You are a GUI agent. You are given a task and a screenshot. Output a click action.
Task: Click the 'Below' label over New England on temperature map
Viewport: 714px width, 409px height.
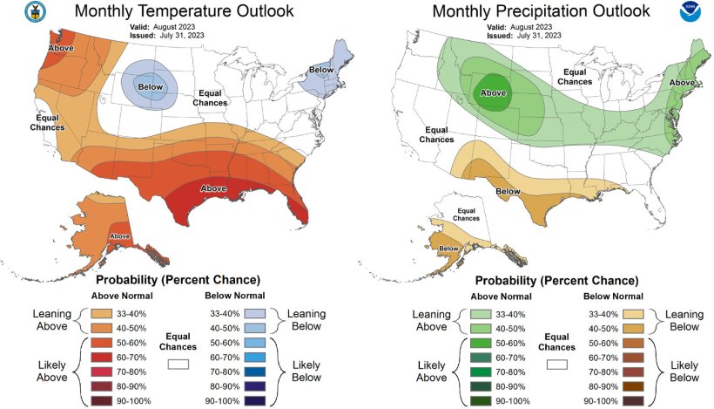click(x=321, y=69)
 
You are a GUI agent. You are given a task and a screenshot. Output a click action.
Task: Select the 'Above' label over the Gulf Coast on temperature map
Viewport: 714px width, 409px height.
click(x=214, y=188)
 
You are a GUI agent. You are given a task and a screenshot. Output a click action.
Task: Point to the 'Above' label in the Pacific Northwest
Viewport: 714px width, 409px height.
click(x=60, y=49)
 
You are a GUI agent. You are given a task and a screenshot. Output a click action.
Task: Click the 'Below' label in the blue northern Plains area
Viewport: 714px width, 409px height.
click(x=151, y=87)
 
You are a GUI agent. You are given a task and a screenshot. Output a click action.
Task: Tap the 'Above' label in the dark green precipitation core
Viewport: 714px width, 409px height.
click(x=493, y=92)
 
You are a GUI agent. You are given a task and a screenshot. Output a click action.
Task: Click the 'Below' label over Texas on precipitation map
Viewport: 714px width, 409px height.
click(x=508, y=191)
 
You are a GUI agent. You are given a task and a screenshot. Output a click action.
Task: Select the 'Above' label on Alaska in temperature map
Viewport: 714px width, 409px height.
click(x=119, y=236)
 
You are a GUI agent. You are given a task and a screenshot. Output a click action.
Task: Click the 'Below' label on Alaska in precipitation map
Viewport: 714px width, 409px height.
click(x=449, y=249)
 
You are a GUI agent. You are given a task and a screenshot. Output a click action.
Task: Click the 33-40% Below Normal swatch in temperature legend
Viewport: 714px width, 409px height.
click(x=255, y=311)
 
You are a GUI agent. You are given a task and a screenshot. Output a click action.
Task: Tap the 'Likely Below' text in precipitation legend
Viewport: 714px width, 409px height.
click(x=684, y=371)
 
